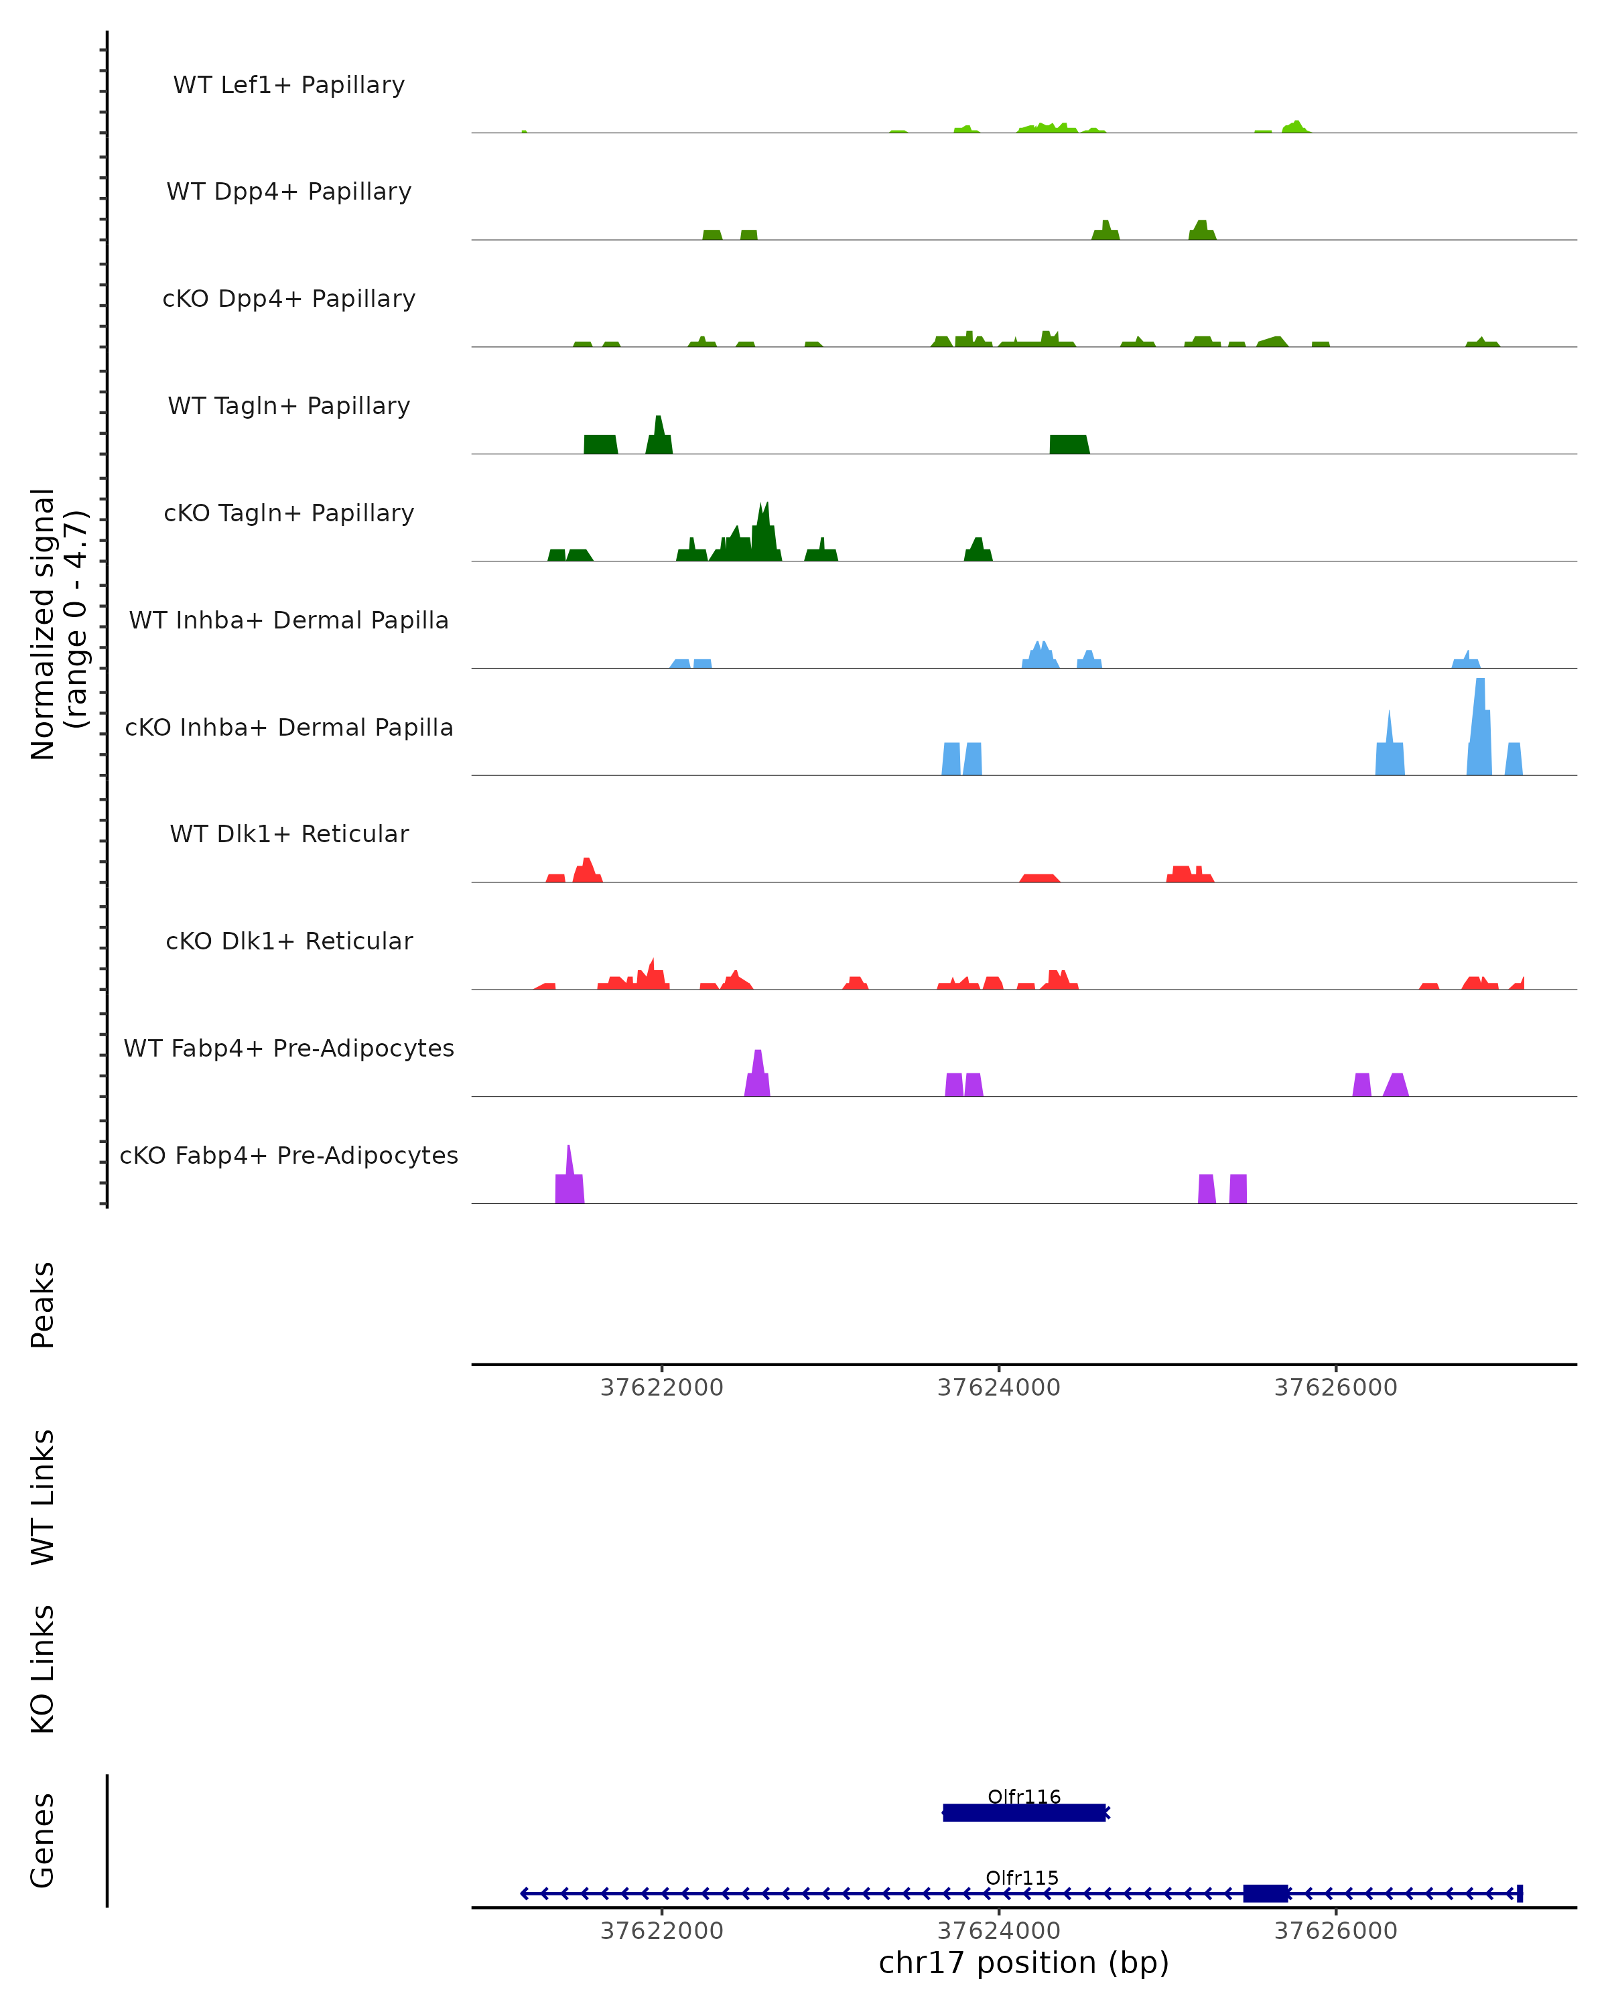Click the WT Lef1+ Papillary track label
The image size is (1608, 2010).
click(289, 85)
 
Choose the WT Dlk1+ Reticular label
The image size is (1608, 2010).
click(289, 833)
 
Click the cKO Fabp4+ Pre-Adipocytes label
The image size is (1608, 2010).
click(289, 1155)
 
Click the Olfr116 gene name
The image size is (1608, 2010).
click(1024, 1796)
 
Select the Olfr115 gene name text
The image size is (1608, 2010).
click(1022, 1877)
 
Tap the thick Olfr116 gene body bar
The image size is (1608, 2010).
click(1024, 1812)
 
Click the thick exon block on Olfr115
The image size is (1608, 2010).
click(1265, 1893)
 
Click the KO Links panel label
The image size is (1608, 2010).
click(43, 1669)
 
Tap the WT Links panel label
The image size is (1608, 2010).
click(43, 1496)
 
